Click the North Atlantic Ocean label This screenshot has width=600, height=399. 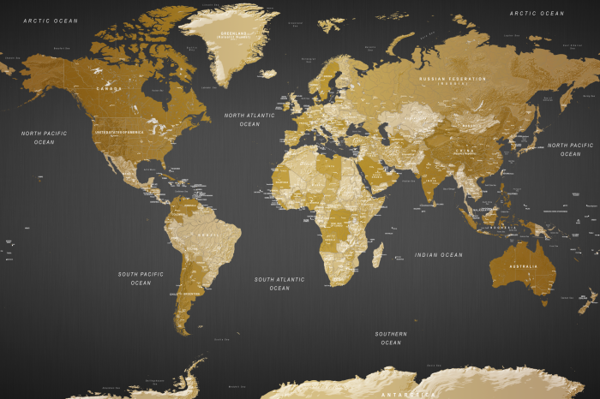click(249, 119)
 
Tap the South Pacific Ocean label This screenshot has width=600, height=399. click(141, 278)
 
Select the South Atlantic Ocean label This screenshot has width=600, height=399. click(279, 283)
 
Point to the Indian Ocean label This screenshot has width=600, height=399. click(438, 255)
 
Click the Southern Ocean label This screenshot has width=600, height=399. click(391, 337)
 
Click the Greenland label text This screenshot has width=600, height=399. click(231, 35)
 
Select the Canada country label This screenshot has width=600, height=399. click(109, 88)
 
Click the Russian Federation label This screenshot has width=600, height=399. click(453, 80)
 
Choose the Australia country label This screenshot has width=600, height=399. click(523, 266)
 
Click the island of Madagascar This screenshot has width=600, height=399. click(377, 253)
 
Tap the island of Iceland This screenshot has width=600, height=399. click(268, 74)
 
